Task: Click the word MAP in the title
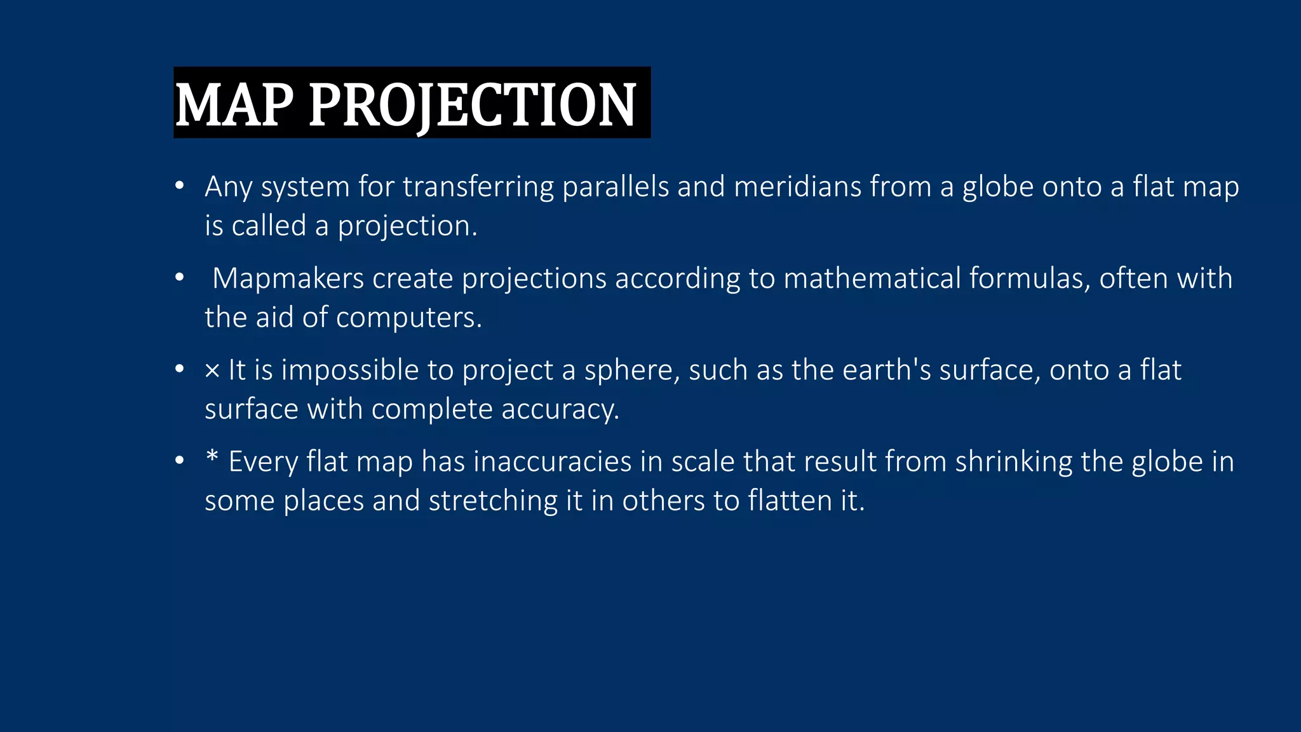click(x=234, y=104)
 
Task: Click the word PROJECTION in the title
click(x=472, y=104)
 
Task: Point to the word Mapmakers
click(x=288, y=278)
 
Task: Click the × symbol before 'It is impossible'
click(x=212, y=370)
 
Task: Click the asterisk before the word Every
click(x=212, y=457)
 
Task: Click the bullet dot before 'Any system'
click(x=180, y=186)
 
